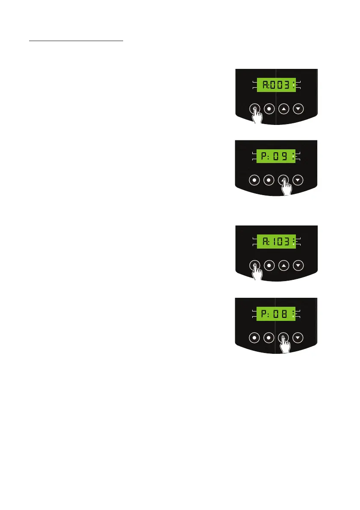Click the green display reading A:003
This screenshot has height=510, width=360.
(x=276, y=85)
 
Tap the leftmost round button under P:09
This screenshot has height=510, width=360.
(x=254, y=180)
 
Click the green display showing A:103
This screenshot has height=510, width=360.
(x=276, y=242)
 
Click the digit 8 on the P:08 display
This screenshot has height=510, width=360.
(x=284, y=314)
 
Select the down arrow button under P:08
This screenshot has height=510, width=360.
(x=299, y=338)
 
